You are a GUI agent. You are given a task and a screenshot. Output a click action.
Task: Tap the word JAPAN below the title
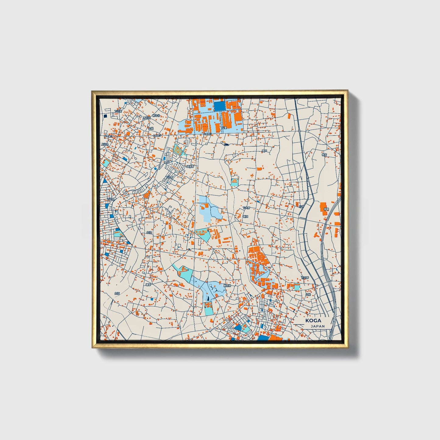tap(318, 326)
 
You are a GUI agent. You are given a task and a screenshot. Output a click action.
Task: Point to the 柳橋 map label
tap(326, 209)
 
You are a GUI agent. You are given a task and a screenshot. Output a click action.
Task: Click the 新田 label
tap(245, 216)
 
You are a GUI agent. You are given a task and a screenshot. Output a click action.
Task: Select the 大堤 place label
tap(150, 128)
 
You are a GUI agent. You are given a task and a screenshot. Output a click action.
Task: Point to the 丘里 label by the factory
tap(224, 128)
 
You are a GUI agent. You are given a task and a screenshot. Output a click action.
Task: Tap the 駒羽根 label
tap(227, 286)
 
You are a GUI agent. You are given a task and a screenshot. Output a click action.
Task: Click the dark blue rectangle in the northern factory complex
tap(220, 106)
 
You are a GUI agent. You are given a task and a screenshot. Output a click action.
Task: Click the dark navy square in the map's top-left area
tap(105, 116)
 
